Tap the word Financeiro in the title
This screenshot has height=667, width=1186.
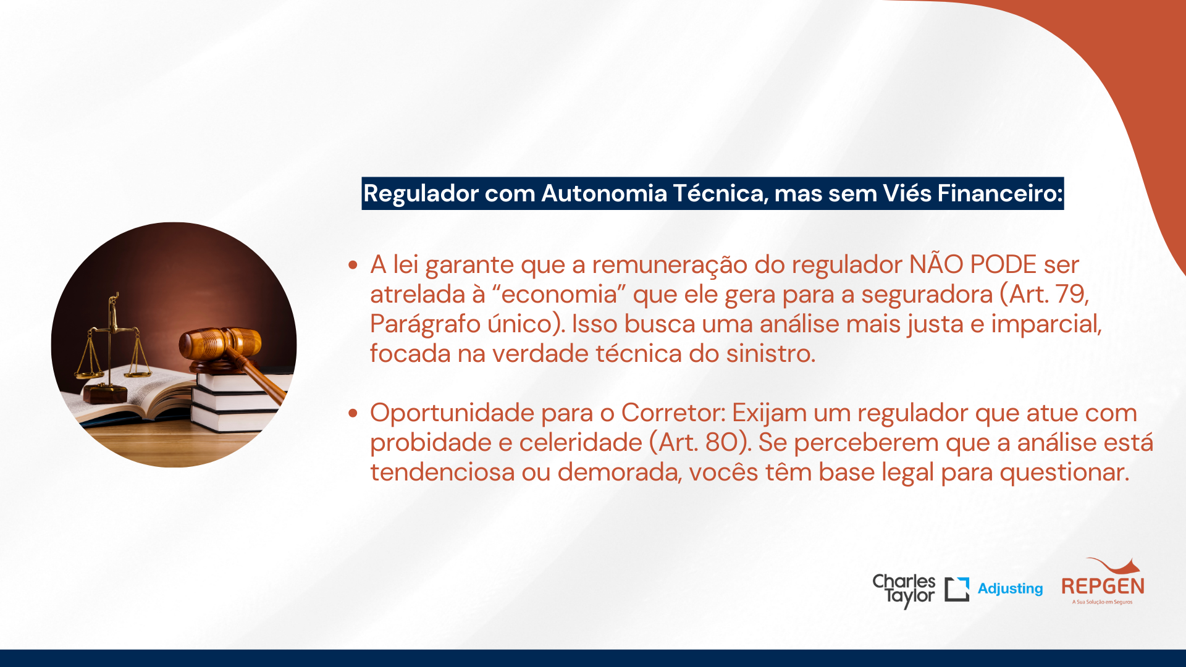click(1000, 193)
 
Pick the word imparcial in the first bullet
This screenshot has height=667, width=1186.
click(1046, 324)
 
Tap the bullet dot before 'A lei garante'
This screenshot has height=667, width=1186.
click(353, 265)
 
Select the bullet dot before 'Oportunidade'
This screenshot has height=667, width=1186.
click(353, 413)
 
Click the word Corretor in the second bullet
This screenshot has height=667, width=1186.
click(673, 413)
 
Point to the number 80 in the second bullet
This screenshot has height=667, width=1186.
click(722, 443)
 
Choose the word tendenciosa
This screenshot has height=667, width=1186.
click(442, 472)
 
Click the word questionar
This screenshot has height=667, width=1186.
click(1064, 473)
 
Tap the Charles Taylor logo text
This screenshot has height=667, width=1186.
click(904, 590)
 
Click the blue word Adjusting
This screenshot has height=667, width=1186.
click(1011, 589)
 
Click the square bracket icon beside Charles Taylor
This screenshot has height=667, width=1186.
click(957, 589)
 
